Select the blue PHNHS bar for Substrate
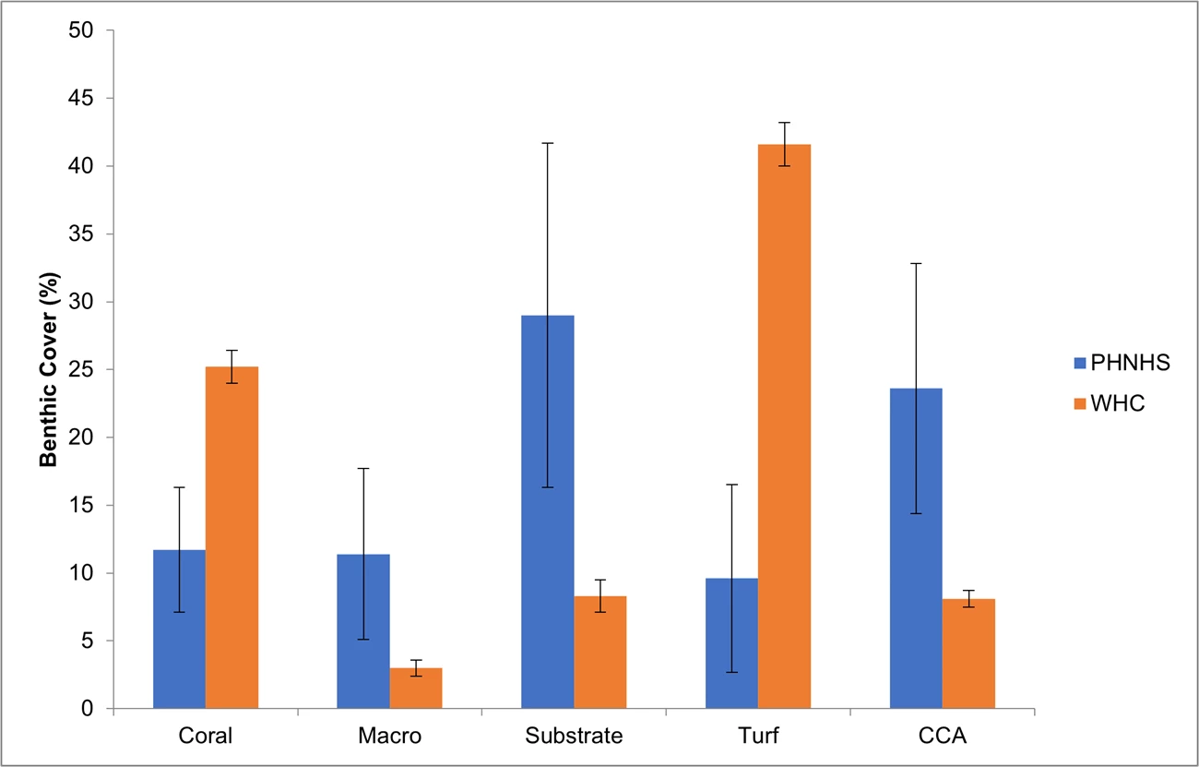pos(547,512)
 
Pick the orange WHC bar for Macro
pos(416,689)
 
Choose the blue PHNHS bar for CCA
pos(916,548)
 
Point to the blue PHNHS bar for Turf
pos(731,643)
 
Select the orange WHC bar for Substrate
pos(600,653)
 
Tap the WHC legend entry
pos(1116,403)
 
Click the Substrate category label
pos(574,737)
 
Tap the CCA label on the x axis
pos(943,737)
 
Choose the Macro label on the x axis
pos(389,737)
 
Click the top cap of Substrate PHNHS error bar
pos(547,143)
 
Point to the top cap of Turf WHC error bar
pos(784,123)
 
